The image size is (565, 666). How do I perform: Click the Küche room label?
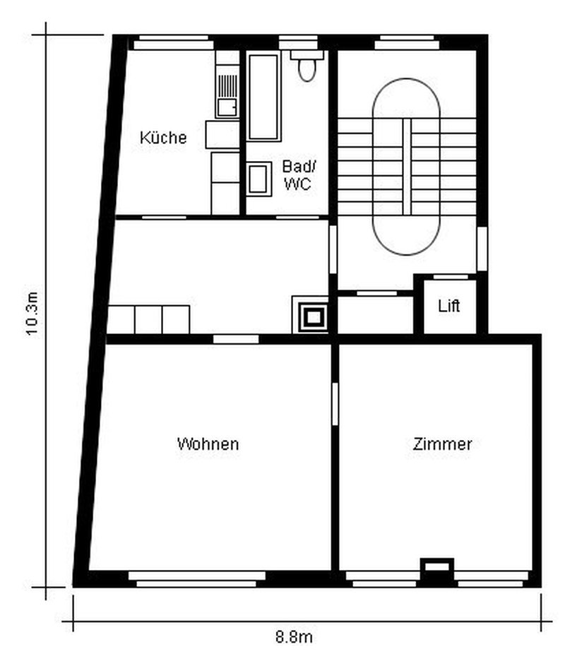(x=163, y=137)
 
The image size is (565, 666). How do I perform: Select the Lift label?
(x=449, y=307)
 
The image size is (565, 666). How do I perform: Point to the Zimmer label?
(x=442, y=444)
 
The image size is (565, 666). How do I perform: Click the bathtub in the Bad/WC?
(x=264, y=96)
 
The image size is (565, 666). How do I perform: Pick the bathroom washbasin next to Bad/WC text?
(x=258, y=178)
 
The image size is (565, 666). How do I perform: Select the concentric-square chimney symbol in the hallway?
(x=311, y=315)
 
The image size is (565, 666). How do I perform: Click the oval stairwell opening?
(x=406, y=167)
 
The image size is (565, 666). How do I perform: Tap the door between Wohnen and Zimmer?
(x=334, y=403)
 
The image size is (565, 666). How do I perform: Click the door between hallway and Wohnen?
(x=236, y=339)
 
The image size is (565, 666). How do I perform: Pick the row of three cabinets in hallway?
(x=149, y=319)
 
